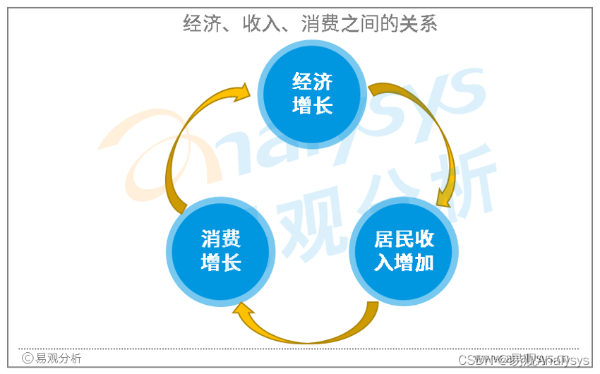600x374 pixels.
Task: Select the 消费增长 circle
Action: [x=221, y=251]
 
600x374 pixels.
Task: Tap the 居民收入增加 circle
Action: [x=404, y=251]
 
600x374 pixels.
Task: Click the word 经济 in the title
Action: [x=199, y=24]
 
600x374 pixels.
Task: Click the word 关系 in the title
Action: [x=421, y=24]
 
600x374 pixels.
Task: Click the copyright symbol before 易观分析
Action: [x=28, y=358]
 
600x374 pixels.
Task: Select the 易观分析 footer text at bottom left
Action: [x=58, y=358]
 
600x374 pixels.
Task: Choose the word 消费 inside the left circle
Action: [x=221, y=239]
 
